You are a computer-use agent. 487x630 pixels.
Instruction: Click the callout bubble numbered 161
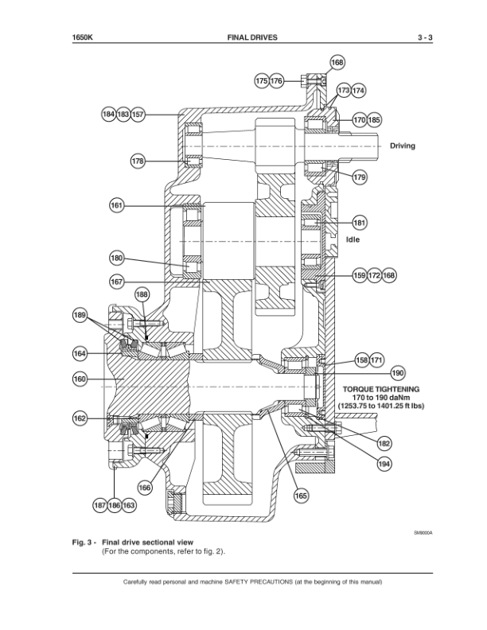pyautogui.click(x=116, y=206)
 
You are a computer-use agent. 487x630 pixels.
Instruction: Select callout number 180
pyautogui.click(x=116, y=258)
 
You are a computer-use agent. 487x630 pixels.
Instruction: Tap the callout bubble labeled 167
pyautogui.click(x=116, y=282)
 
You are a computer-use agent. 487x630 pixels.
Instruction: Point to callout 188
pyautogui.click(x=142, y=294)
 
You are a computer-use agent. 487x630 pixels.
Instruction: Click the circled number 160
pyautogui.click(x=80, y=379)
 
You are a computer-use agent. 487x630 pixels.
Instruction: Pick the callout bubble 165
pyautogui.click(x=301, y=496)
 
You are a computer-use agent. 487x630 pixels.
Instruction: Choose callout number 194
pyautogui.click(x=384, y=464)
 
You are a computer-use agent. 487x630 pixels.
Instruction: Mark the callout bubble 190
pyautogui.click(x=398, y=373)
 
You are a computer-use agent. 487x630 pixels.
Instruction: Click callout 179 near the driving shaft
pyautogui.click(x=360, y=177)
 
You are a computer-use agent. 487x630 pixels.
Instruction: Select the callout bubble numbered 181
pyautogui.click(x=360, y=223)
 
